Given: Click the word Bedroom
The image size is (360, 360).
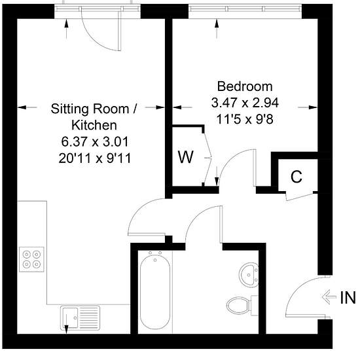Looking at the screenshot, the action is point(245,86).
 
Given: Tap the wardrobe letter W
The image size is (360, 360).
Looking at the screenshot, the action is point(186,157).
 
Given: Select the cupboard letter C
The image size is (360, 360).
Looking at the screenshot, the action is point(297,177).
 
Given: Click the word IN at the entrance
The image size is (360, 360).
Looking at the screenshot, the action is point(348,298).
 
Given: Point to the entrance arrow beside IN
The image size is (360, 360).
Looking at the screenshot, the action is point(329,297).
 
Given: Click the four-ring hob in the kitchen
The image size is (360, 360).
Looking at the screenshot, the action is point(31,259).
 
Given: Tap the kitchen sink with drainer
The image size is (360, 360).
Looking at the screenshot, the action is point(80,318).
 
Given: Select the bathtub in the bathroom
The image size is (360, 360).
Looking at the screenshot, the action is point(155,291).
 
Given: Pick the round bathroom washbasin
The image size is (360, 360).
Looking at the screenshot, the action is point(249,275).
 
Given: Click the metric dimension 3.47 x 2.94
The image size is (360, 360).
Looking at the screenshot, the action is point(245,103).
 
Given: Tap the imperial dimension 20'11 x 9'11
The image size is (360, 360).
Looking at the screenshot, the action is point(95,158).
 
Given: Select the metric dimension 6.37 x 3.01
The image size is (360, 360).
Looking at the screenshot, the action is point(95,141).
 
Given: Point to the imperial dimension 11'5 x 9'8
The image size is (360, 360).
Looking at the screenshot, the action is point(245,119).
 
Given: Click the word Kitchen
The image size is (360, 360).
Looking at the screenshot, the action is point(94,126).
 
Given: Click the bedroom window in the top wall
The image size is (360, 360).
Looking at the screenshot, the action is point(245,9).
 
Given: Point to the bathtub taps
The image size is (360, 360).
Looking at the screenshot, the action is point(155,255).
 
